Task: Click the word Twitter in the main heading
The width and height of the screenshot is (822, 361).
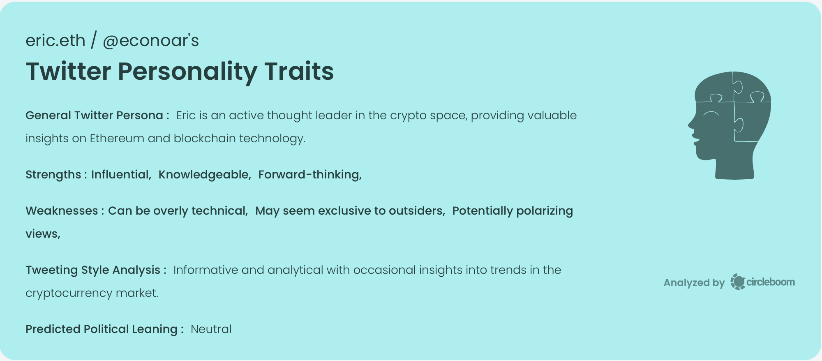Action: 68,71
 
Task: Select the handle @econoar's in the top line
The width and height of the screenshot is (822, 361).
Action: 150,41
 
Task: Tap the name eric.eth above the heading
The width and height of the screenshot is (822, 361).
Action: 55,41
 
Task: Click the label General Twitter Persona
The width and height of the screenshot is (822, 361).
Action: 95,116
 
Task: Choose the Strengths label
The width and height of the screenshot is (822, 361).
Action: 53,175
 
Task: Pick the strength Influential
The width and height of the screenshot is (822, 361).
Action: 120,175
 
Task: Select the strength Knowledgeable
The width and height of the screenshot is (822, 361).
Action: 204,175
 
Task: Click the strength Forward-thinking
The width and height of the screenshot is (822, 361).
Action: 309,175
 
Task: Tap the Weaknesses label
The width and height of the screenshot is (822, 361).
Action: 62,211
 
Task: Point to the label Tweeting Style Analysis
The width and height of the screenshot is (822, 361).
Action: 93,270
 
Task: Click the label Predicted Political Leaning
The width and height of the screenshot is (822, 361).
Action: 102,329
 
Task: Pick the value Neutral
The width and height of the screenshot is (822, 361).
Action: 211,329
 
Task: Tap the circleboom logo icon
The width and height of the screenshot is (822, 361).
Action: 738,282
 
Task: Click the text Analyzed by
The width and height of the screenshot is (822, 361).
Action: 694,283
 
